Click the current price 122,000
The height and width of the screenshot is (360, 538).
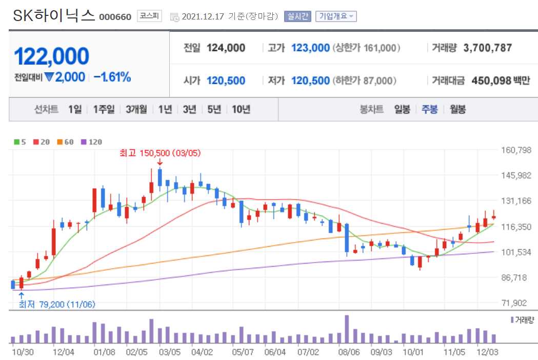pyautogui.click(x=52, y=56)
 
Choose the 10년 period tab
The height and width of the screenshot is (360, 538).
pyautogui.click(x=241, y=109)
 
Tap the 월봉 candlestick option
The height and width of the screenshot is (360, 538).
pyautogui.click(x=457, y=109)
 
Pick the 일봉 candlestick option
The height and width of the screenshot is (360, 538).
pyautogui.click(x=402, y=109)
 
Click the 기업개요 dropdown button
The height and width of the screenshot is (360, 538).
pyautogui.click(x=336, y=16)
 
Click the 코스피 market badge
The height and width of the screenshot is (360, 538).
pyautogui.click(x=150, y=16)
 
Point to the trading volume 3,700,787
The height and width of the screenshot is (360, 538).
pyautogui.click(x=487, y=48)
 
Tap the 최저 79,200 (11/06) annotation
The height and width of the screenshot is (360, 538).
pyautogui.click(x=56, y=305)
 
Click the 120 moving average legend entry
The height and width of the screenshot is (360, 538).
pyautogui.click(x=92, y=142)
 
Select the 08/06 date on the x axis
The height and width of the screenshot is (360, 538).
pyautogui.click(x=349, y=352)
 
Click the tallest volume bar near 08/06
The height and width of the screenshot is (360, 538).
pyautogui.click(x=347, y=329)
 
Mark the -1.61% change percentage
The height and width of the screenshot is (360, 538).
pyautogui.click(x=112, y=77)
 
